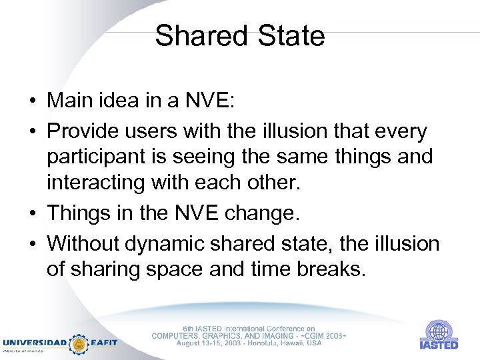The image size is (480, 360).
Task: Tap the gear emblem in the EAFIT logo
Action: pos(79,343)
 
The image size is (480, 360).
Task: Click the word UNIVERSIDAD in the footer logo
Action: pos(35,343)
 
